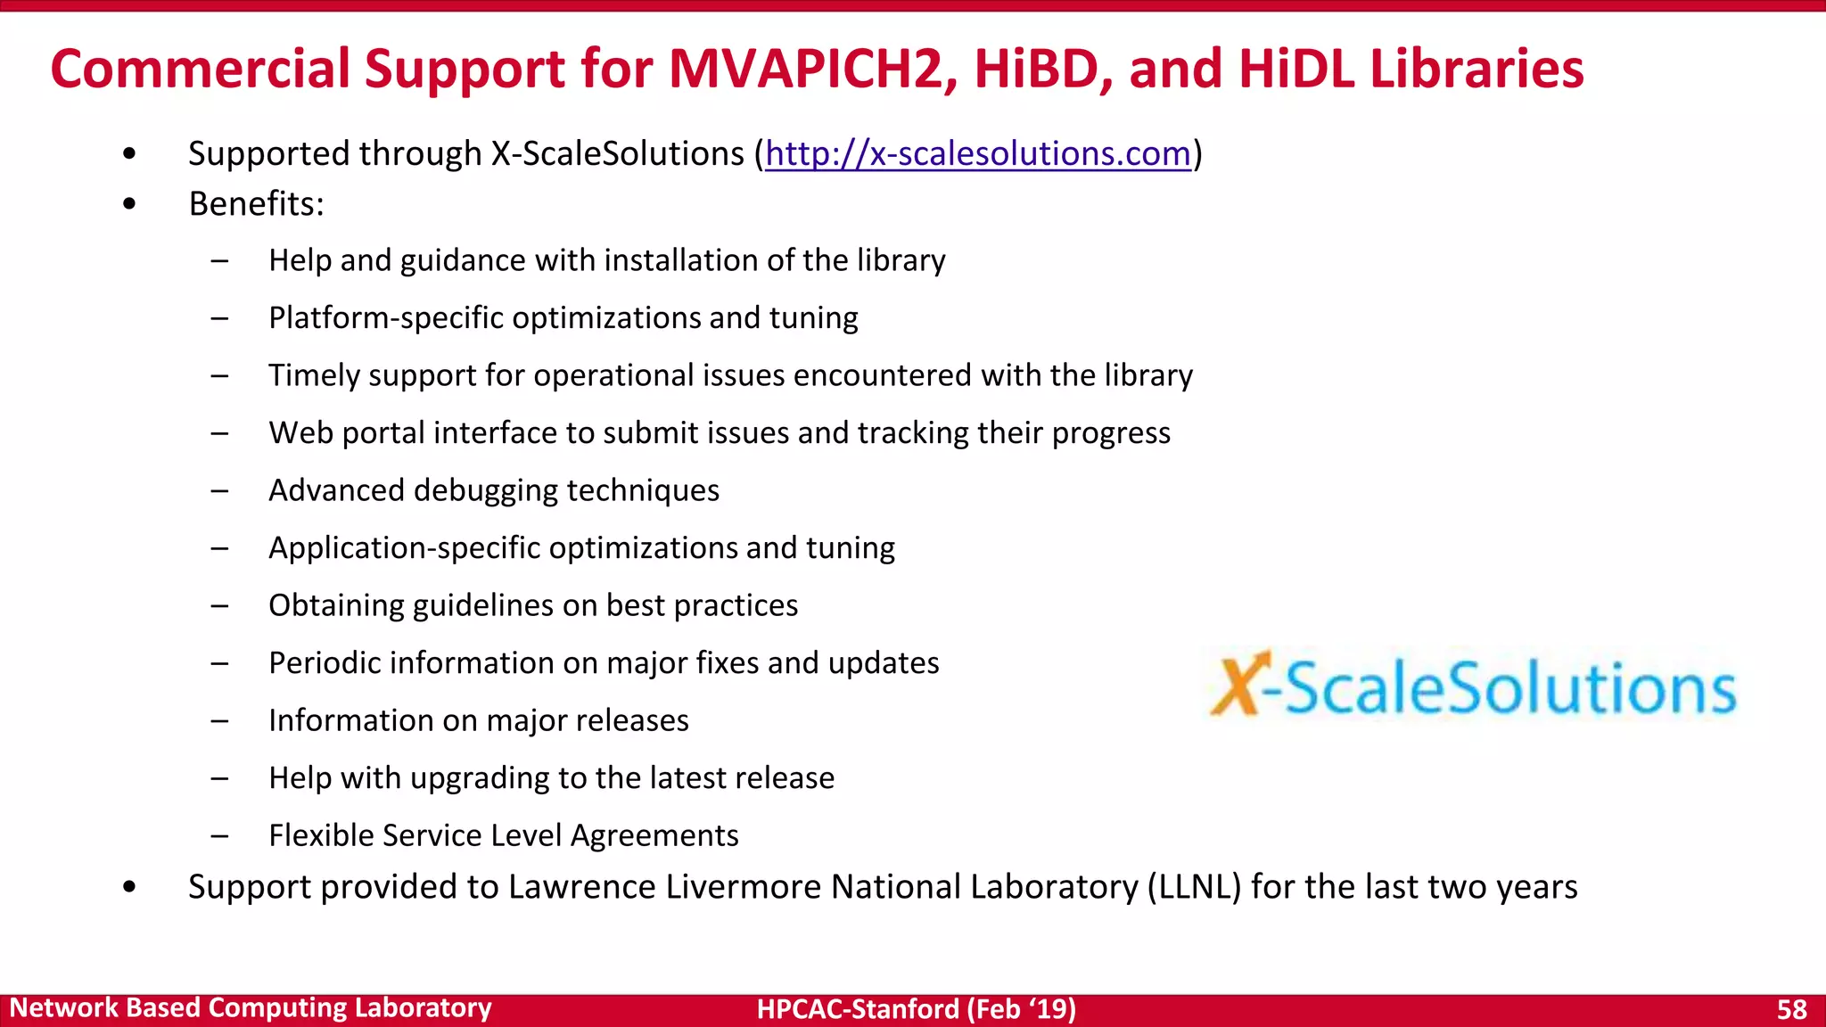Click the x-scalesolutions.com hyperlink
tap(978, 153)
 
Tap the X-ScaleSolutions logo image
tap(1473, 686)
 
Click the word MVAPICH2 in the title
tap(813, 69)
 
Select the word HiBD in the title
tap(1043, 69)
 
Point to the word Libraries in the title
tap(1476, 69)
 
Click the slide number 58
tap(1791, 1009)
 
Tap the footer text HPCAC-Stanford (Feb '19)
tap(916, 1009)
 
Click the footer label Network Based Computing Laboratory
tap(251, 1007)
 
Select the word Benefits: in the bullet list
tap(256, 204)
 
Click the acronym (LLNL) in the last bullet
tap(1194, 887)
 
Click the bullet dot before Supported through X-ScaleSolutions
tap(130, 154)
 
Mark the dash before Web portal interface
tap(219, 434)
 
